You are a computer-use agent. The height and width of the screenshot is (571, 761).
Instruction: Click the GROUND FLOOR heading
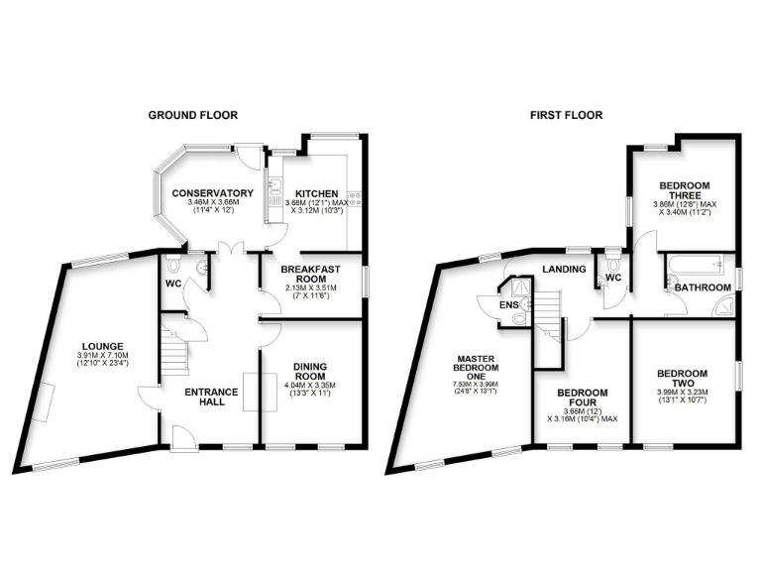[x=193, y=115]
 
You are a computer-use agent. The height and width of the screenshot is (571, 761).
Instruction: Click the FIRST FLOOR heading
[x=566, y=115]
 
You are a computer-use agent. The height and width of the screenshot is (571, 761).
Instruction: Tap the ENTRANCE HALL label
[x=212, y=398]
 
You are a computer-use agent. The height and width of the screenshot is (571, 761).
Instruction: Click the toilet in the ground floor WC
[x=175, y=266]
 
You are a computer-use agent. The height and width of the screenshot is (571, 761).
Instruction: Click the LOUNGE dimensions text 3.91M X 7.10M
[x=102, y=356]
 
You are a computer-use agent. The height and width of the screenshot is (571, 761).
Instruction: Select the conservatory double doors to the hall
[x=230, y=249]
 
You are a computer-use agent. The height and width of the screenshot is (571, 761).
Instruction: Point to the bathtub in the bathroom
[x=693, y=265]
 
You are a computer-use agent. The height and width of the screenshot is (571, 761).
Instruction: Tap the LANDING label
[x=563, y=269]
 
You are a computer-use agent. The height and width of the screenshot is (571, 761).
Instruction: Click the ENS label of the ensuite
[x=509, y=305]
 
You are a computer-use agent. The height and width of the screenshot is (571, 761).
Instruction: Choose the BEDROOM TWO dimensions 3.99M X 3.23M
[x=682, y=394]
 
